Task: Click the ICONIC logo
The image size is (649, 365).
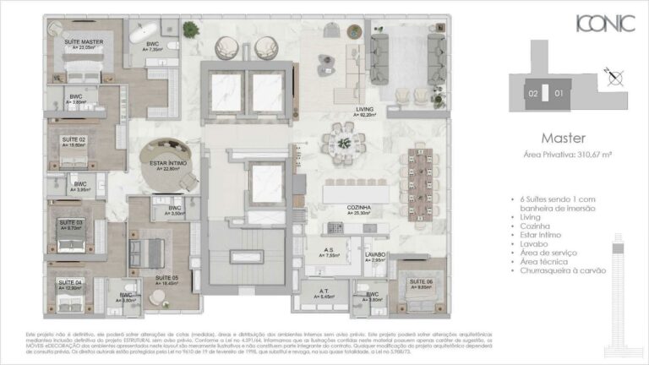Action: pos(604,25)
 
